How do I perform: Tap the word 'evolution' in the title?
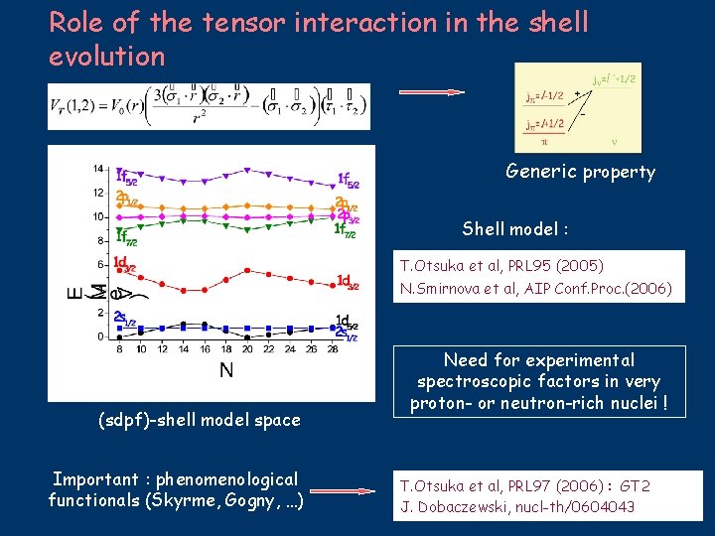(x=106, y=56)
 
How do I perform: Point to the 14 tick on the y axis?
(x=98, y=167)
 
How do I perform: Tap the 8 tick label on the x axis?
(x=120, y=348)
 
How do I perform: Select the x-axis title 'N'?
(x=226, y=370)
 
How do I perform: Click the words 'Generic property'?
(x=580, y=172)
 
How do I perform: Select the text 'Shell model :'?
(x=514, y=229)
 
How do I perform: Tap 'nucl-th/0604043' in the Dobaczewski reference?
(x=583, y=508)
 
